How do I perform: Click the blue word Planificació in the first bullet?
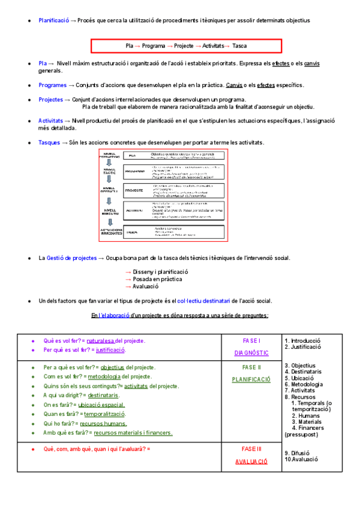pos(53,20)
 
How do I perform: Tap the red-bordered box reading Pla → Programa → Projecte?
pos(186,46)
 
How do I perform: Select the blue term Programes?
pos(53,85)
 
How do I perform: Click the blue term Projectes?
pos(50,100)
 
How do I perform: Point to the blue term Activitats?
pos(50,121)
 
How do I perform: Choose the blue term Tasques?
pos(49,142)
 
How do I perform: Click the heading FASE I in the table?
pos(251,340)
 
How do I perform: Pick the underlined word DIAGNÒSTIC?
pos(251,353)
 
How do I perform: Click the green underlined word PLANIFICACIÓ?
pos(251,379)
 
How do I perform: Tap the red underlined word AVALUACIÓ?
pos(251,462)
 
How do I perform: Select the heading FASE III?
pos(251,448)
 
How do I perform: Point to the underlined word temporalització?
pos(104,414)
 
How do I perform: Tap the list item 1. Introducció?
pos(302,340)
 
